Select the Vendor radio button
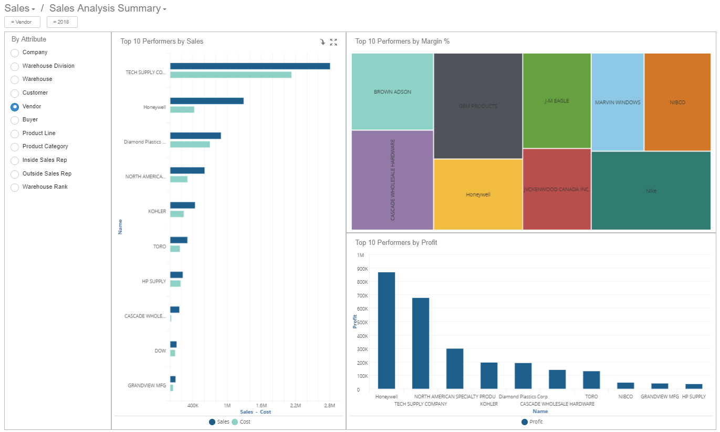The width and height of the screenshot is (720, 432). click(x=15, y=107)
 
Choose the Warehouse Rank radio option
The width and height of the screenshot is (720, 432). click(x=15, y=187)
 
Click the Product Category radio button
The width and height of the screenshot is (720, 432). click(x=15, y=147)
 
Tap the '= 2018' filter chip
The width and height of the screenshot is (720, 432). click(x=62, y=22)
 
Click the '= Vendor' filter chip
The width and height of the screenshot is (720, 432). click(x=22, y=22)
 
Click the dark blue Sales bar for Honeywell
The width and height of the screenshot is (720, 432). click(x=206, y=101)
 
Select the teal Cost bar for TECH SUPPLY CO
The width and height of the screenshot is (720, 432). click(x=231, y=75)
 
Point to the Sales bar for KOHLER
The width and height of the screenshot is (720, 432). click(x=182, y=205)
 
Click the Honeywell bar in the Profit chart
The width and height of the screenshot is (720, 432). click(x=387, y=331)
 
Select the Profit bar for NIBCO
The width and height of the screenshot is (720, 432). click(x=625, y=386)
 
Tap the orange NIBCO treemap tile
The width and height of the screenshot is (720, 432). click(x=677, y=102)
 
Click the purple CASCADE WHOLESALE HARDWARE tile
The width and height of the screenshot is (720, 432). click(x=392, y=180)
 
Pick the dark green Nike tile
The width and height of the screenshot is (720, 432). click(x=651, y=191)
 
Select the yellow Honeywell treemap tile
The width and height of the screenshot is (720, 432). click(x=478, y=194)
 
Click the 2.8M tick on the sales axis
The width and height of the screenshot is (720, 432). click(x=329, y=406)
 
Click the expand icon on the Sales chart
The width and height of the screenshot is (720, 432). click(x=333, y=42)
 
